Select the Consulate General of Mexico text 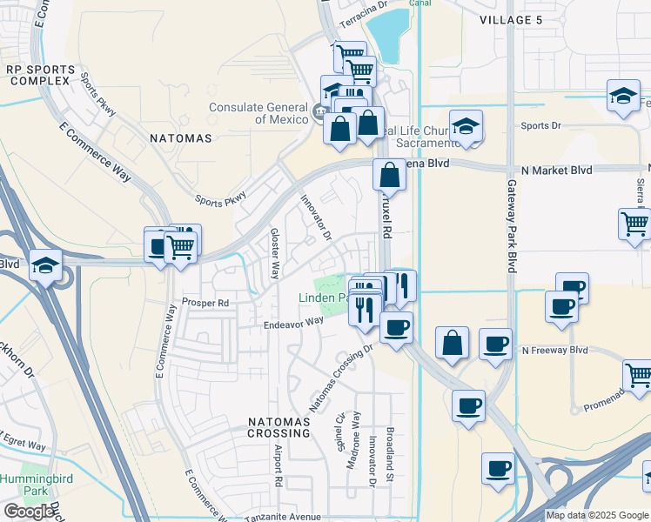(258, 113)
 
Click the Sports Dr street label (540, 126)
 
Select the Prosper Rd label (205, 303)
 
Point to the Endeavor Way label (293, 322)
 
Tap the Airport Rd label (278, 466)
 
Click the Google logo (29, 512)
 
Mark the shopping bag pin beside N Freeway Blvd (452, 342)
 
